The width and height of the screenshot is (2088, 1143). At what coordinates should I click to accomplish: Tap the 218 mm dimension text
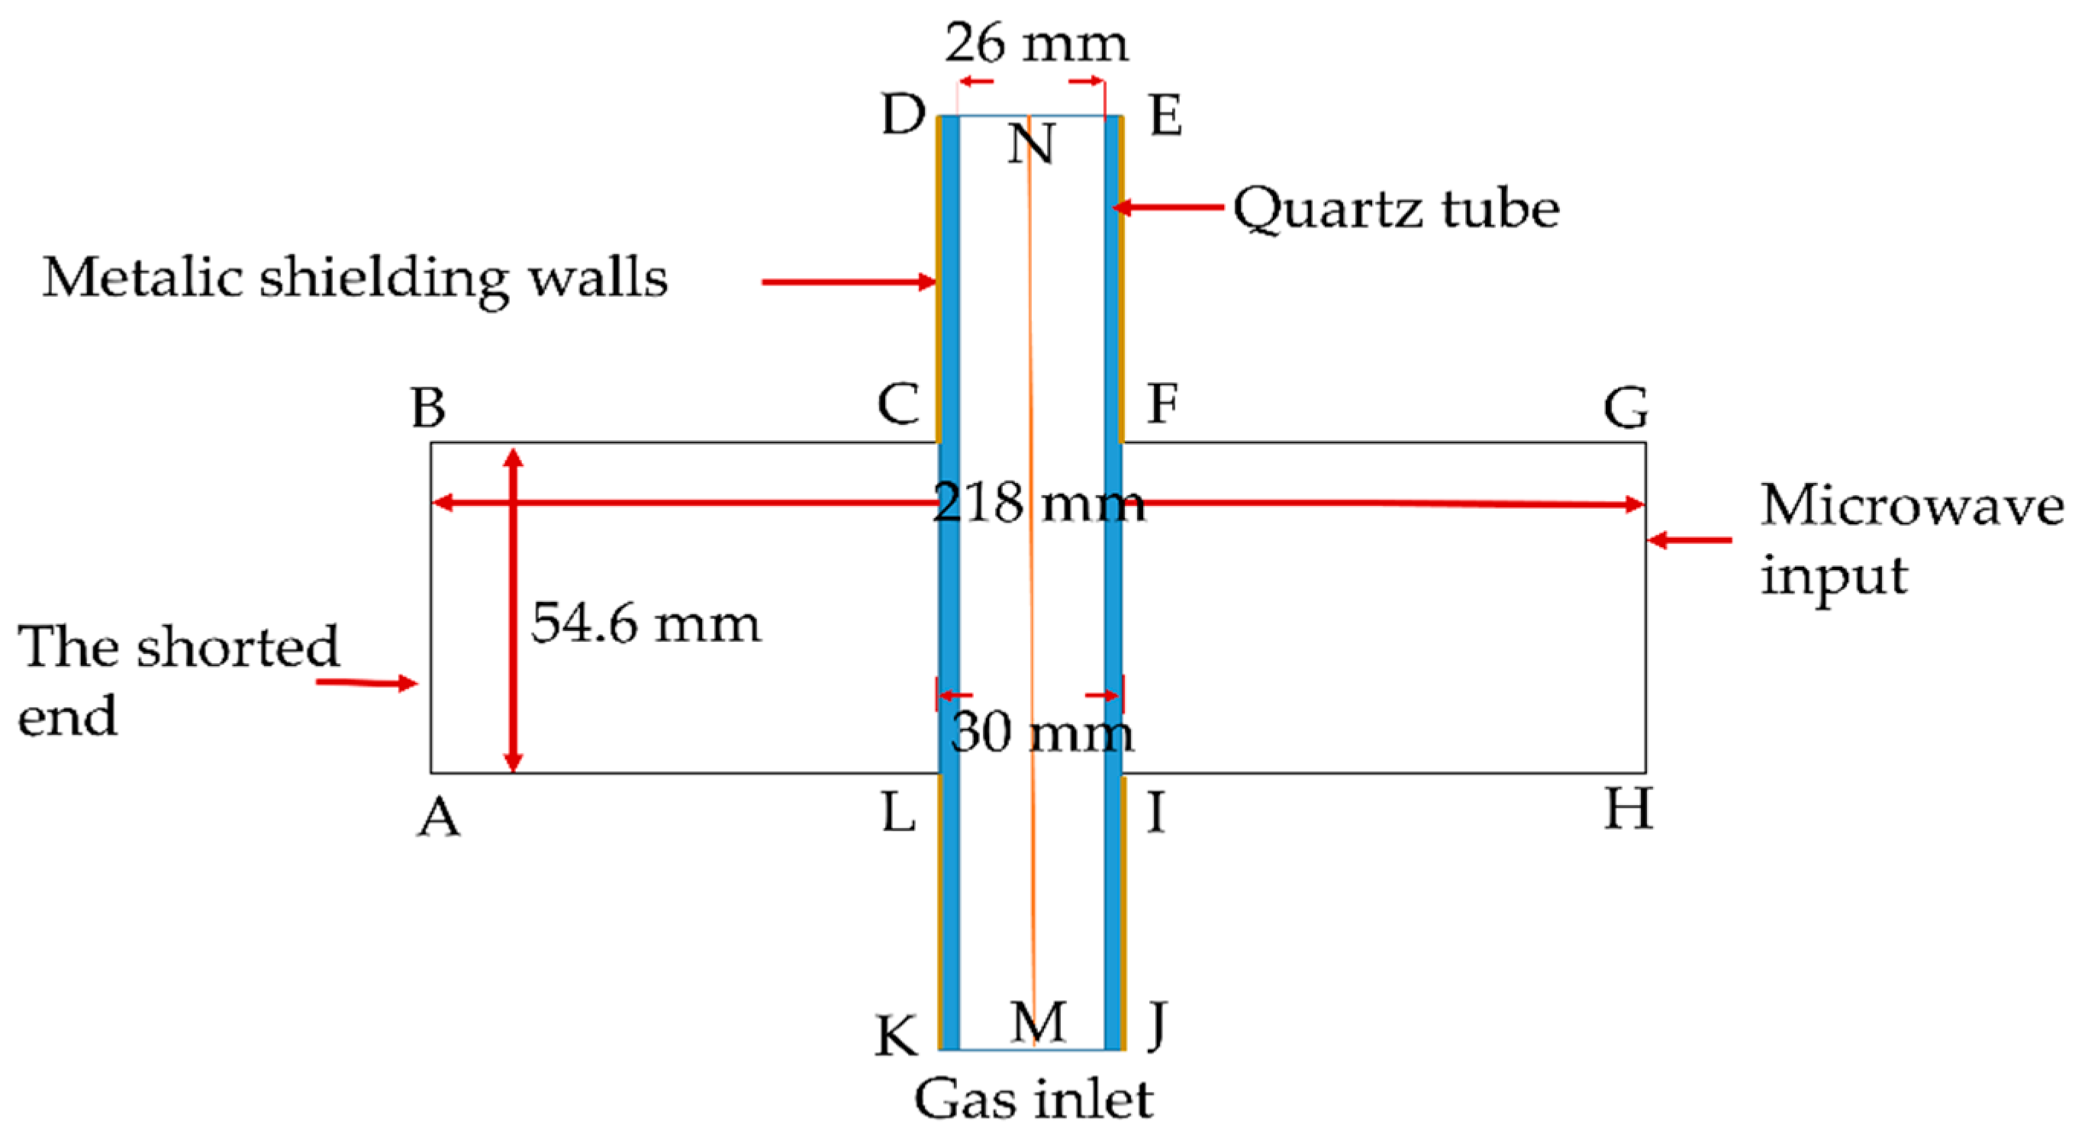pyautogui.click(x=1039, y=504)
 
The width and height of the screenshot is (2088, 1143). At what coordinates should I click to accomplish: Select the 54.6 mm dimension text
pyautogui.click(x=646, y=623)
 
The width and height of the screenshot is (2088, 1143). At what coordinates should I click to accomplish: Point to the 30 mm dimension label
pyautogui.click(x=1042, y=732)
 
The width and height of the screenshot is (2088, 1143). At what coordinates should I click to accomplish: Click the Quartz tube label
pyautogui.click(x=1396, y=209)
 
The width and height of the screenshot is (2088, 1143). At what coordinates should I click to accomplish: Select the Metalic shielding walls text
pyautogui.click(x=355, y=279)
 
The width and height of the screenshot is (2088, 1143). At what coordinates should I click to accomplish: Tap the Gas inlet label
pyautogui.click(x=1033, y=1100)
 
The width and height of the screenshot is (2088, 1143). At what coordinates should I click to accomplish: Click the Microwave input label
pyautogui.click(x=1911, y=539)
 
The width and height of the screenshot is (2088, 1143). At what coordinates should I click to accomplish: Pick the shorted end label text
pyautogui.click(x=179, y=680)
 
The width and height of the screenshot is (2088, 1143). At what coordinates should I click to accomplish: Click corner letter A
pyautogui.click(x=439, y=817)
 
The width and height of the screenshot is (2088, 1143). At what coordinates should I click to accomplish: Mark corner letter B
pyautogui.click(x=428, y=407)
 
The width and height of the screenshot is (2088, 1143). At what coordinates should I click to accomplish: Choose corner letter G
pyautogui.click(x=1626, y=407)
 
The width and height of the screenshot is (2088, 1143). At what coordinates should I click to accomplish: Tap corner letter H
pyautogui.click(x=1628, y=809)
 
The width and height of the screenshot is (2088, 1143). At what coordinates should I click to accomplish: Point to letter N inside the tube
pyautogui.click(x=1031, y=144)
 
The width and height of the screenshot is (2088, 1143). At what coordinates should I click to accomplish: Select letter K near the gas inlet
pyautogui.click(x=897, y=1036)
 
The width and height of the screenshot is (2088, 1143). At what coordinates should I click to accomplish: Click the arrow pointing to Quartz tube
pyautogui.click(x=1167, y=208)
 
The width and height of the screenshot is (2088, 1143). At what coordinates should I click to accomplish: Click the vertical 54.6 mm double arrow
pyautogui.click(x=513, y=609)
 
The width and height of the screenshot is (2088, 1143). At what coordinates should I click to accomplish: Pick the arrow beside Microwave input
pyautogui.click(x=1690, y=540)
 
